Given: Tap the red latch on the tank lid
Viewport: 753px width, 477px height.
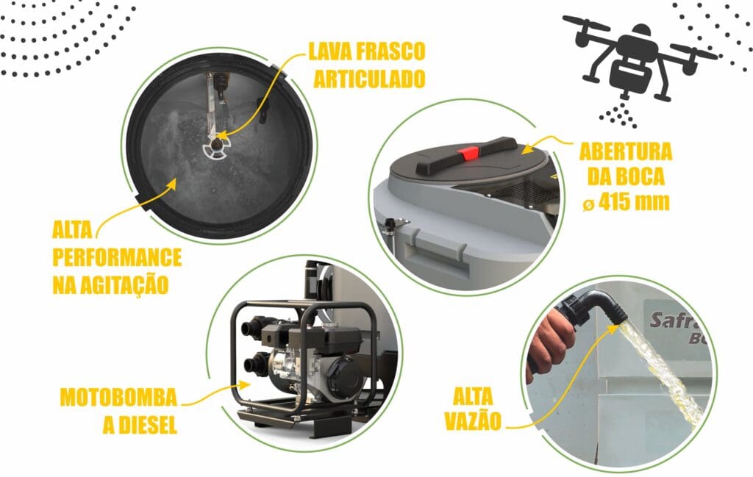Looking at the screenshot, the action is point(468,154).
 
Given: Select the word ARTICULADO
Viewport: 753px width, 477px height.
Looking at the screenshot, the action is point(369,79).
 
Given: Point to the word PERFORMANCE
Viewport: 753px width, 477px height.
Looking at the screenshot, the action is point(117,258).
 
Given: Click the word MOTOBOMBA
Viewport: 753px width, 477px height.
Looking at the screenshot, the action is point(118,398).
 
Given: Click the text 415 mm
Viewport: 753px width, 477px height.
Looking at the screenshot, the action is point(634,202).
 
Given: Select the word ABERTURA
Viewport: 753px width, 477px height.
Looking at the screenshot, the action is point(626,152).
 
